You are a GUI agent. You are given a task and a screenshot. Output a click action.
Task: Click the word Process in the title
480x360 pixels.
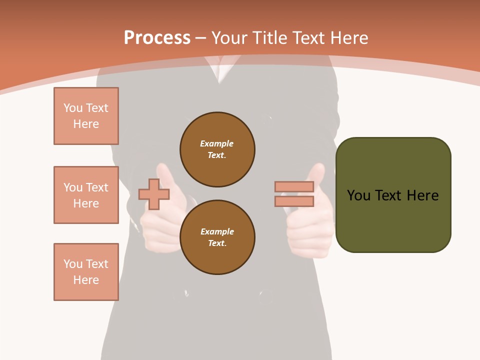[157, 37]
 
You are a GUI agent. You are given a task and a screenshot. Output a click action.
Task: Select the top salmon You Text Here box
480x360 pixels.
[86, 116]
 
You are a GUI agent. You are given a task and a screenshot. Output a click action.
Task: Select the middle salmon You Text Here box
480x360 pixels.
[86, 195]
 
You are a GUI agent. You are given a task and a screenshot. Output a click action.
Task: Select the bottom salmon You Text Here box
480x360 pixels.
[86, 271]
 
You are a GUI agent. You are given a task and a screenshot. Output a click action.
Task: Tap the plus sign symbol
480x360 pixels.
[153, 194]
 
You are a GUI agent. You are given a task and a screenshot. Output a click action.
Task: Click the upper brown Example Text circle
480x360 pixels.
[217, 149]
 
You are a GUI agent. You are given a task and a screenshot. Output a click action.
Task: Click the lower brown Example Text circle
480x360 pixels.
[217, 237]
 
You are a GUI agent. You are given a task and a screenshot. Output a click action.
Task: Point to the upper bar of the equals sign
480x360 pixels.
[294, 187]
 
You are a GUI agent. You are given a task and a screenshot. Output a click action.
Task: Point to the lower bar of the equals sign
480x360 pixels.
[294, 201]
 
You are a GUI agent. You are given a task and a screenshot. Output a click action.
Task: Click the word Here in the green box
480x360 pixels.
[422, 195]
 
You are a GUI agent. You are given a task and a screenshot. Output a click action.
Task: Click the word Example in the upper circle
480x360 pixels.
[216, 143]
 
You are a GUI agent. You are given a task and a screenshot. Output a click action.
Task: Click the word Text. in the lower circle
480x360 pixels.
[217, 243]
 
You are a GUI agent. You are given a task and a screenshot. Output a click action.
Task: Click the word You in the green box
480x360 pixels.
[358, 195]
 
